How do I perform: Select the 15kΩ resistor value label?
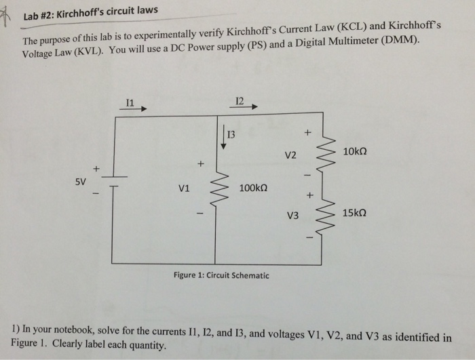(x=356, y=213)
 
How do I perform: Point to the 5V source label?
(x=81, y=182)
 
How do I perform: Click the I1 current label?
(x=130, y=102)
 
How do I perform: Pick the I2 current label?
(x=237, y=100)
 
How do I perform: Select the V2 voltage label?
(x=290, y=155)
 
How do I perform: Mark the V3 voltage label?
(x=292, y=218)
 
